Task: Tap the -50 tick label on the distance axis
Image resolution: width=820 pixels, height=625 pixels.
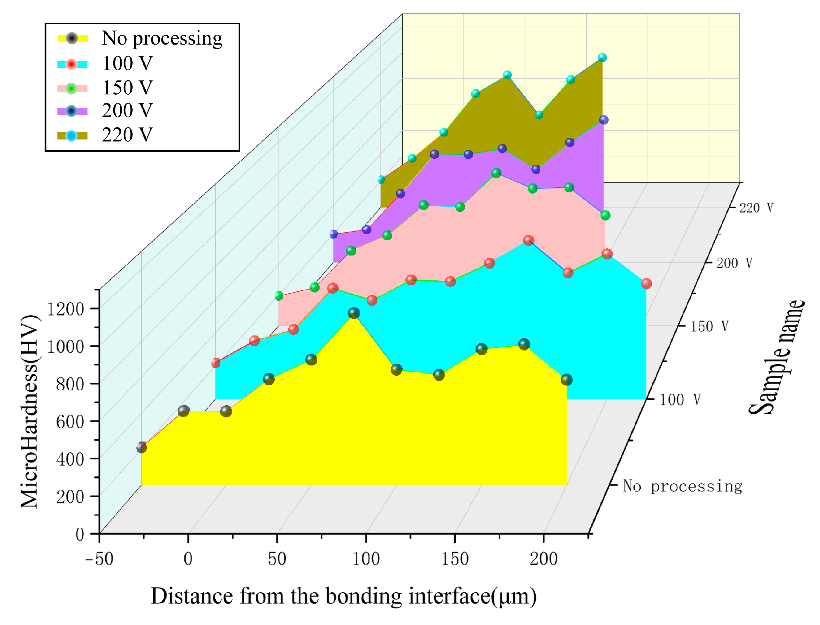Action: (x=99, y=559)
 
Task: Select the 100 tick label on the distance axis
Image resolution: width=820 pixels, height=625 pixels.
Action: (x=366, y=559)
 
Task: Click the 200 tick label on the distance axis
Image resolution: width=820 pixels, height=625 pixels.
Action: (x=544, y=559)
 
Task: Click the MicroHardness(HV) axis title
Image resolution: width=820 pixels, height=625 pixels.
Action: (x=30, y=411)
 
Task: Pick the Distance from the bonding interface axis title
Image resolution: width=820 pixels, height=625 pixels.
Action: (x=343, y=596)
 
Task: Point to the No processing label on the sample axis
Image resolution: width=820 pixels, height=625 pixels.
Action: (x=682, y=486)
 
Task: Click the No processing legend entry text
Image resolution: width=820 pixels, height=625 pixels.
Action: (x=162, y=38)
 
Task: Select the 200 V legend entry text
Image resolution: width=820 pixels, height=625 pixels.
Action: (x=127, y=110)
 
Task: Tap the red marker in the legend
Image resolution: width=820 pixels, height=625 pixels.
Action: (x=72, y=64)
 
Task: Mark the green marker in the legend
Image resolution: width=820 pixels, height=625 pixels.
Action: (x=72, y=89)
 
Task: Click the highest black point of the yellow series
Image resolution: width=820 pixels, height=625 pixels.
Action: (x=354, y=313)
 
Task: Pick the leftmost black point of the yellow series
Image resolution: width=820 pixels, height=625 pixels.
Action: (x=141, y=447)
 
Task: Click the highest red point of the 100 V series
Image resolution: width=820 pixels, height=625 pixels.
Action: (x=528, y=240)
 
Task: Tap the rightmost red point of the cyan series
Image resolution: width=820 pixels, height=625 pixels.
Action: (x=646, y=283)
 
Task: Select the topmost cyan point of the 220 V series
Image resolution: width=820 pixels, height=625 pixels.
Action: (x=602, y=57)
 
